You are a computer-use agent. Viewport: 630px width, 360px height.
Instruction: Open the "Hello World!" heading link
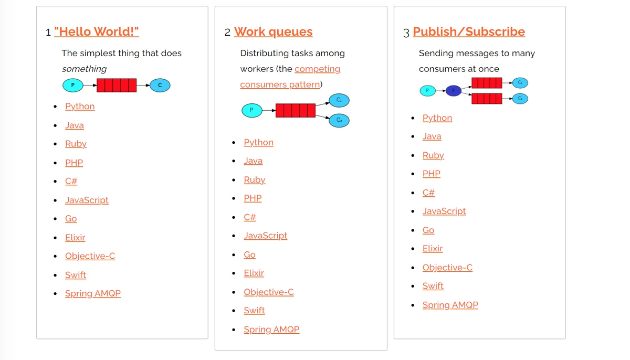point(97,31)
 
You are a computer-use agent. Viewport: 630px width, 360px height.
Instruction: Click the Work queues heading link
point(273,31)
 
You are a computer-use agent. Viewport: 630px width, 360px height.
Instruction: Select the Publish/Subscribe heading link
point(469,31)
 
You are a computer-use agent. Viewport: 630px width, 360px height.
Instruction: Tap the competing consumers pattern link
point(290,77)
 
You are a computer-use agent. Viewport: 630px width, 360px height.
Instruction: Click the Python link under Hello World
point(80,106)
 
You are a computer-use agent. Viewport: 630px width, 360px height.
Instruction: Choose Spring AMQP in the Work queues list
point(271,330)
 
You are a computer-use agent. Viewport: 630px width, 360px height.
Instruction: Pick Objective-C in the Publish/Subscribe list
point(447,267)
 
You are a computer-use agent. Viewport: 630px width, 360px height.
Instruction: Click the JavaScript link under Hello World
point(87,200)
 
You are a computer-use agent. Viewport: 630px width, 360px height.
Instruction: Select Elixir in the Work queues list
point(254,273)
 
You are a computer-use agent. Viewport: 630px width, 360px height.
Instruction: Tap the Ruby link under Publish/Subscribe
point(433,155)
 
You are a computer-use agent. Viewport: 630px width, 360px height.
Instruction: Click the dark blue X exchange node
point(454,90)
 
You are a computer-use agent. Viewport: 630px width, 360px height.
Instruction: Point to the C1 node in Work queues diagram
point(339,100)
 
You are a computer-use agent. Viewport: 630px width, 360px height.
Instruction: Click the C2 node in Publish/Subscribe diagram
point(520,99)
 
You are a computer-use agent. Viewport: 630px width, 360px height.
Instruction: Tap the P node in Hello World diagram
point(73,85)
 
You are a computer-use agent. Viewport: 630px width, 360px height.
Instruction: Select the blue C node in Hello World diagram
point(160,85)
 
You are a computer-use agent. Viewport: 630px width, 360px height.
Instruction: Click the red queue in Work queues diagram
point(295,110)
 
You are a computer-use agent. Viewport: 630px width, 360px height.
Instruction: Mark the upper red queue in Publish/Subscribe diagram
point(487,83)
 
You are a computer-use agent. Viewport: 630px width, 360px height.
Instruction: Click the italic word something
point(84,69)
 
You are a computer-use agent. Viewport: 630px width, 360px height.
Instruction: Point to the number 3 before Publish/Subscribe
point(406,33)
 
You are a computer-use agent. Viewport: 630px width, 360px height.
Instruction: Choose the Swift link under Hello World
point(76,275)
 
